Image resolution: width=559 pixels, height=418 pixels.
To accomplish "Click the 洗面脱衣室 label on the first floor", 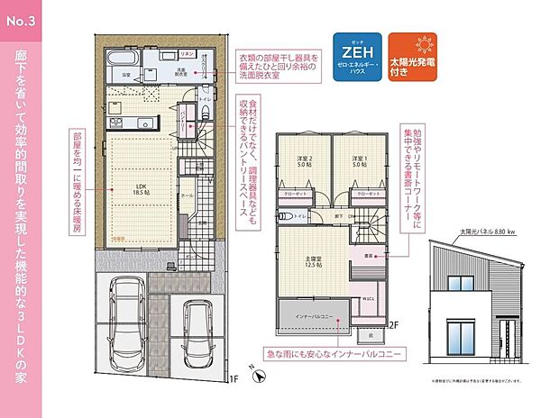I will click(180, 72).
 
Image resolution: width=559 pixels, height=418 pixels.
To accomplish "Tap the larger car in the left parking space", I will click(126, 323).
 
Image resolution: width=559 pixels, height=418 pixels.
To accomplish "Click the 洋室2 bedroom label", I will click(305, 162).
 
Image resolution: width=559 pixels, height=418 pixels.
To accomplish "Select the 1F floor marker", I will click(233, 378).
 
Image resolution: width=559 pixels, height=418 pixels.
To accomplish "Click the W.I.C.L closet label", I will click(369, 298).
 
